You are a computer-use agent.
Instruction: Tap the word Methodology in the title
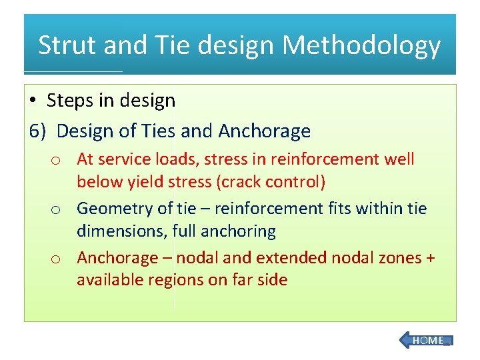(x=361, y=45)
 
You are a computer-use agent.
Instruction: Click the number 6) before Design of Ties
(x=38, y=131)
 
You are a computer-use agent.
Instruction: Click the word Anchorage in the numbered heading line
(x=264, y=131)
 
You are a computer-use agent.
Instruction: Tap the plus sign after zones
(x=429, y=257)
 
